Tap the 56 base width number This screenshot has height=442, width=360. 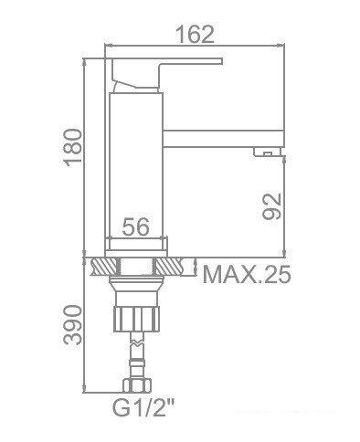coord(137,229)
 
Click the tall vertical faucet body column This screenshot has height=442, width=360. coord(137,164)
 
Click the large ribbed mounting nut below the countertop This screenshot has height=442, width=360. coord(137,320)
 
